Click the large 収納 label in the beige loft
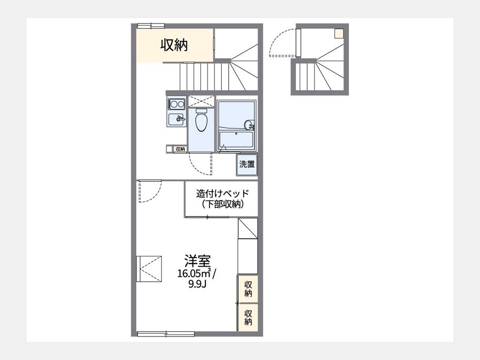tap(174, 45)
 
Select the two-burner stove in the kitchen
tap(177, 104)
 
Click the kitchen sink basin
tap(177, 119)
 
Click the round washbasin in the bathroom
tap(249, 125)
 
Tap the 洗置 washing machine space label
tap(247, 164)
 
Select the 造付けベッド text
tap(222, 194)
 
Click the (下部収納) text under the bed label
tap(222, 204)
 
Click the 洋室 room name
tap(197, 261)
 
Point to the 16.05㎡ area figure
tap(195, 273)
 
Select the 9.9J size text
tap(197, 284)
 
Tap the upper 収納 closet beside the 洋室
tap(248, 289)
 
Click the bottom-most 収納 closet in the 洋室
tap(248, 317)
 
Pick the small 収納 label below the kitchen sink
tap(180, 149)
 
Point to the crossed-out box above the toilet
tap(201, 101)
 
